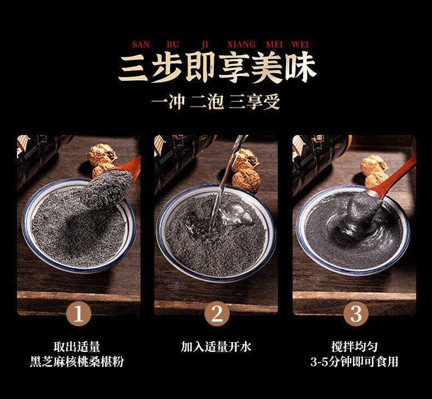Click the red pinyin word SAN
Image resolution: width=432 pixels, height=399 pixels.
coord(141,44)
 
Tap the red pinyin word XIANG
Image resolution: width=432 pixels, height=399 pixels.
coord(241,44)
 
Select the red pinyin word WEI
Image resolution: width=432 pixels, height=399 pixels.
coord(300,44)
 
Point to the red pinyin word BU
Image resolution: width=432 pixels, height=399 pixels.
coord(173,44)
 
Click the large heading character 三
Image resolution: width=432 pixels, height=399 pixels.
coord(133,68)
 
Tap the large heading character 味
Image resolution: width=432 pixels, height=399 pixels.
coord(300,68)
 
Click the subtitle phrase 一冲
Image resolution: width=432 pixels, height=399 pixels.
coord(168,102)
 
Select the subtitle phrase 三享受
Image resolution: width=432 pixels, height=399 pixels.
coord(254,102)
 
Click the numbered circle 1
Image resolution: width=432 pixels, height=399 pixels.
coord(79,314)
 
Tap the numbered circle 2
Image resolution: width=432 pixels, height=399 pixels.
coord(217,314)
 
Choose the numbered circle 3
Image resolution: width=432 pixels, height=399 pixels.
coord(355,314)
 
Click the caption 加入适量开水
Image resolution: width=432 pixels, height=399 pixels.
coord(216,347)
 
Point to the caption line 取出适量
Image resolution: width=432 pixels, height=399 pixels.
coord(77,347)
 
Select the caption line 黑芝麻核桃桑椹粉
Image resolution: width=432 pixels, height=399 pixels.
coord(77,362)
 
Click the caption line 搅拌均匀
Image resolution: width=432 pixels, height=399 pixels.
coord(354,347)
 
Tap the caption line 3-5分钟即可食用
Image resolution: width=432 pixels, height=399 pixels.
coord(354,362)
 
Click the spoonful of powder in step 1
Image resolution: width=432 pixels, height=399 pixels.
coord(107,189)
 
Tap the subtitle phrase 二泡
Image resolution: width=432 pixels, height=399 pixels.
coord(207,102)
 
